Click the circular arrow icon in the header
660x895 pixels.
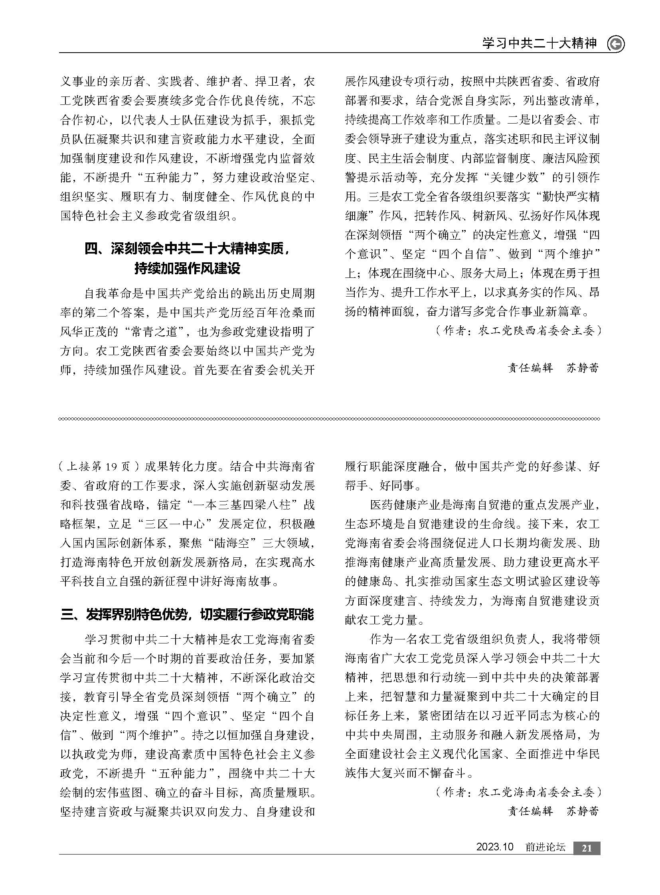(x=616, y=44)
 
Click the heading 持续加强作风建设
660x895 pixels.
(x=188, y=268)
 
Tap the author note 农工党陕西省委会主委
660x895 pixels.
(x=519, y=330)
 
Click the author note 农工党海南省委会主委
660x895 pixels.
(x=519, y=792)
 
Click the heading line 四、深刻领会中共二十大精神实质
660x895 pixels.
(x=188, y=249)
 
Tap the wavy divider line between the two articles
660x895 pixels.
(x=330, y=419)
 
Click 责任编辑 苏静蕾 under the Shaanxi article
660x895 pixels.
(x=553, y=368)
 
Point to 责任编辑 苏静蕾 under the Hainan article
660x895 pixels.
(x=553, y=811)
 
